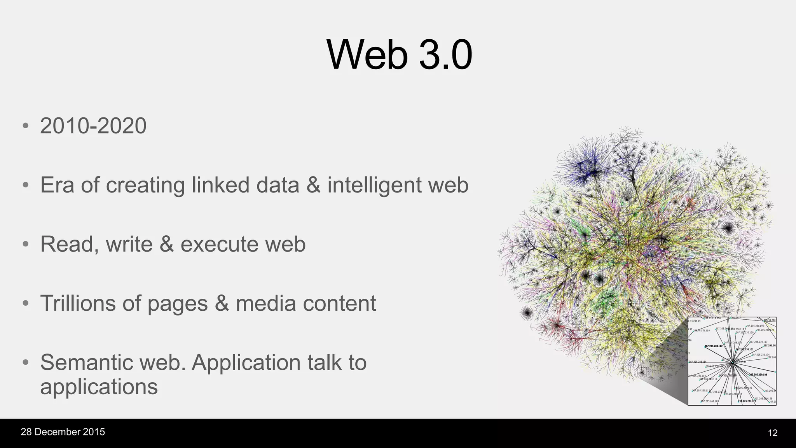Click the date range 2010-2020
click(93, 126)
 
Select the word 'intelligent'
click(374, 185)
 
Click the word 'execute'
click(219, 244)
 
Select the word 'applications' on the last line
click(99, 387)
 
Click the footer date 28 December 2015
click(63, 432)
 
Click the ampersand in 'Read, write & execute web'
click(166, 244)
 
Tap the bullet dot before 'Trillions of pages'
click(26, 303)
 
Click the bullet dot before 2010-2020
click(26, 126)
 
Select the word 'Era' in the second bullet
click(57, 185)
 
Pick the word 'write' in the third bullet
click(129, 244)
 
